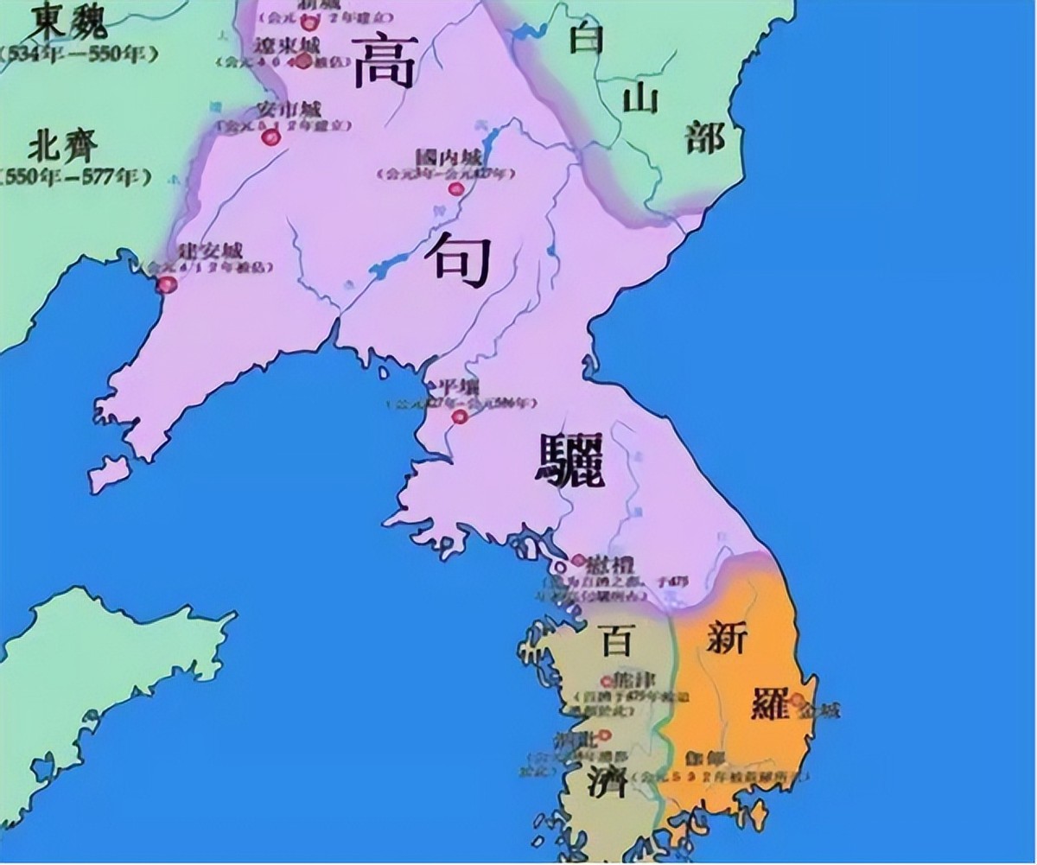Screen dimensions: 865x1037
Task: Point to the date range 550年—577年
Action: click(76, 178)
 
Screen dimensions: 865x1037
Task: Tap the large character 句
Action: click(463, 258)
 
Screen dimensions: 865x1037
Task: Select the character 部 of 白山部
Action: click(705, 136)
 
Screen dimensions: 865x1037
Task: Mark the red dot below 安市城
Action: click(270, 137)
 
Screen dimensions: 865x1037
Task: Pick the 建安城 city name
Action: click(207, 251)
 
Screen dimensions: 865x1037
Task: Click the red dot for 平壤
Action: click(460, 417)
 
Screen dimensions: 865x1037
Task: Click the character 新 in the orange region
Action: click(727, 638)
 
